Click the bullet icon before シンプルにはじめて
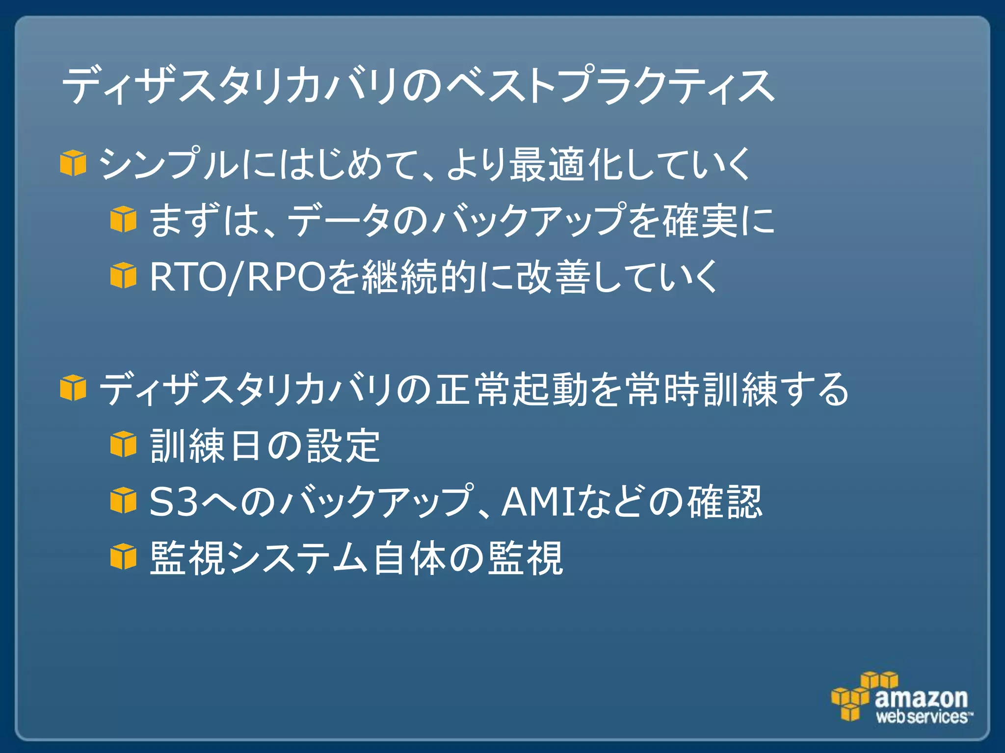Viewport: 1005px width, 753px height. pos(73,163)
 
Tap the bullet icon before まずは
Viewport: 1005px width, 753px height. pos(123,219)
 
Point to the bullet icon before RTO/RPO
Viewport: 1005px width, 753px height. pos(123,276)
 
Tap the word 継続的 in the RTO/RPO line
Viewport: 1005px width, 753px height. pos(419,277)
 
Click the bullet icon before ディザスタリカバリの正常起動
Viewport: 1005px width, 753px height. pos(73,388)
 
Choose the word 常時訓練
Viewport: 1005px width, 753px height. pos(702,390)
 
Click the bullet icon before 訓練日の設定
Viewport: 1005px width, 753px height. pos(123,444)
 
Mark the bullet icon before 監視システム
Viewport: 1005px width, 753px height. pos(123,557)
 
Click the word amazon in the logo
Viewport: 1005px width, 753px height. pos(921,698)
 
